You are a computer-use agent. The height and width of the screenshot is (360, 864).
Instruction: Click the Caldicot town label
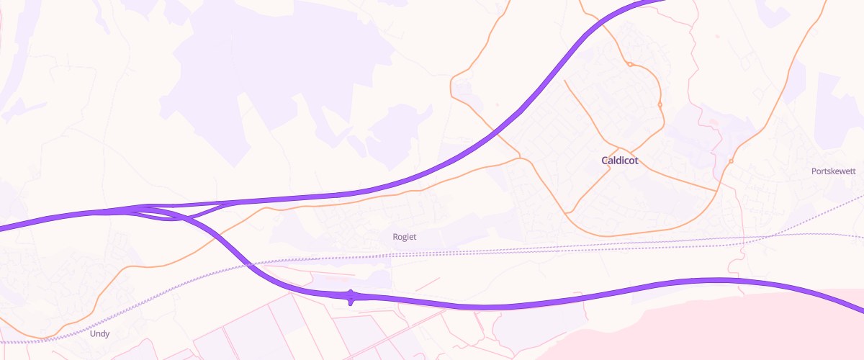[x=620, y=161]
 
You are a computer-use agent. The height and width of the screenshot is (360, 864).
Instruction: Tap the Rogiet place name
[x=405, y=237]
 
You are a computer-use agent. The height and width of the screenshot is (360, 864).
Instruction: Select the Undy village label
[x=100, y=334]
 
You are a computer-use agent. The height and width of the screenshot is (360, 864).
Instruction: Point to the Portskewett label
[x=833, y=171]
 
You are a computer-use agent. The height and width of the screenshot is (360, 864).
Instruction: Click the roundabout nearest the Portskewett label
[x=730, y=161]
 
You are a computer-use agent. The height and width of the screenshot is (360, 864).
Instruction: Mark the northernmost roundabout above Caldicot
[x=629, y=65]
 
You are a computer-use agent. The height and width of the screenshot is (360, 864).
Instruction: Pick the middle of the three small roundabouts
[x=660, y=105]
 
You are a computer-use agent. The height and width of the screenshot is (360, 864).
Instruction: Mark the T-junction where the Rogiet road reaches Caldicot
[x=520, y=157]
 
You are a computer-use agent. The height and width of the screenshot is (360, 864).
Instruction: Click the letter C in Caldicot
[x=606, y=161]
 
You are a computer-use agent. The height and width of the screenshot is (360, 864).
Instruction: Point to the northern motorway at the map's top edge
[x=659, y=2]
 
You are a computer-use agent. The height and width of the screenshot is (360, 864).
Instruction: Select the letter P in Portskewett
[x=814, y=171]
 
